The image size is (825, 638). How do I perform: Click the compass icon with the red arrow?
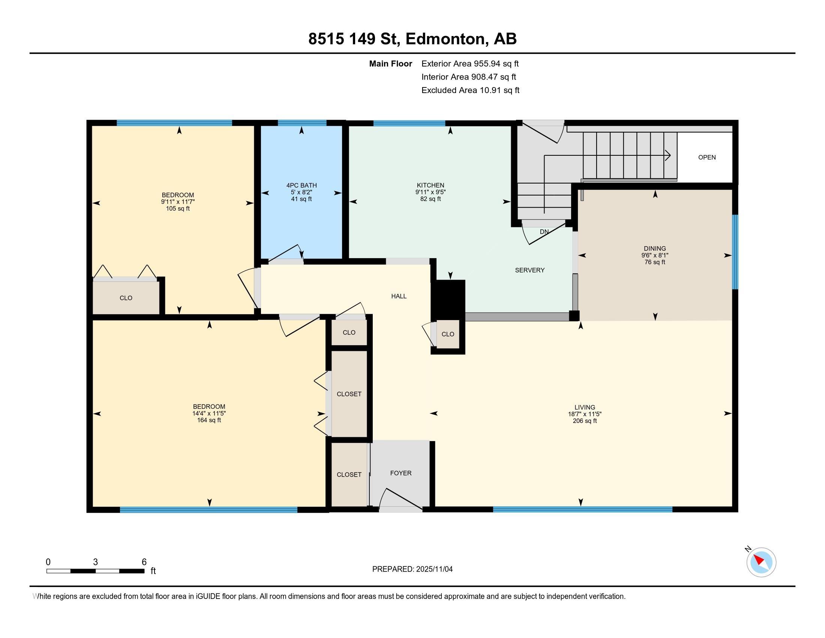pos(761,562)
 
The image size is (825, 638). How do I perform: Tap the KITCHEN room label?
pos(430,185)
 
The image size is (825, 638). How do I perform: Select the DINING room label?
pos(655,248)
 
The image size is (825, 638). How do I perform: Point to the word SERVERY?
pos(529,270)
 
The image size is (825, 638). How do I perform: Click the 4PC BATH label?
pos(301,185)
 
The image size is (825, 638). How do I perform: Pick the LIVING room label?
pos(585,407)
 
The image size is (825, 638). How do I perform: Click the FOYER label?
pos(401,473)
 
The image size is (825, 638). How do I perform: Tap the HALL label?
pos(399,296)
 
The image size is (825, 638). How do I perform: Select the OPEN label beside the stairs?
pos(707,157)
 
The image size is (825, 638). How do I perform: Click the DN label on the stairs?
pos(544,232)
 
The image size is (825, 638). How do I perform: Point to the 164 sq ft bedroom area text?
pos(209,420)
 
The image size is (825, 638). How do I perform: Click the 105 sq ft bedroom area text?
pos(177,208)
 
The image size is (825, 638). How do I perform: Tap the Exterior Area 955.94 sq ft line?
pos(470,63)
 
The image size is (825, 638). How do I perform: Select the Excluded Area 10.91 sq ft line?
pos(470,90)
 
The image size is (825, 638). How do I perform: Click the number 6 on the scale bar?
pos(144,562)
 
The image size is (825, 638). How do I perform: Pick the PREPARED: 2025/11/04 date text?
pos(412,569)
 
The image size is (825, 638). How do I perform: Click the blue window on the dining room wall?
pos(735,252)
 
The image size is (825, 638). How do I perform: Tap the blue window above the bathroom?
pos(302,122)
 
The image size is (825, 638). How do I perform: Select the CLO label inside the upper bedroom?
pos(126,298)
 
